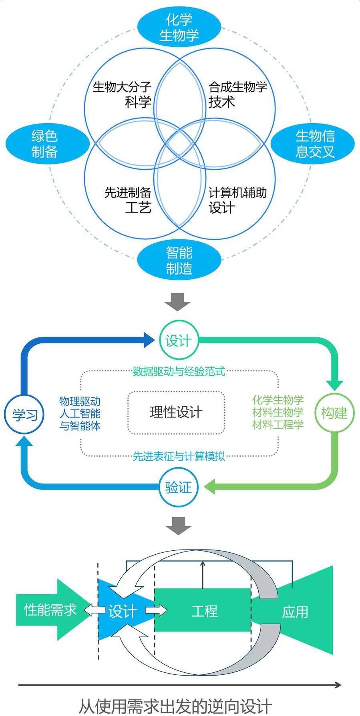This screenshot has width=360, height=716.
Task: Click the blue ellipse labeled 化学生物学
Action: pos(179,27)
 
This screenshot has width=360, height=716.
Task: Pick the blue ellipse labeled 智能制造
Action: pos(179,260)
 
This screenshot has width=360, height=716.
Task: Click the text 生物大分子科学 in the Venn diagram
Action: pos(123,94)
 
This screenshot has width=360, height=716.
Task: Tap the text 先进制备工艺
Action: pos(128,200)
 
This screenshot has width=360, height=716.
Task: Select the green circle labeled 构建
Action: pos(334,413)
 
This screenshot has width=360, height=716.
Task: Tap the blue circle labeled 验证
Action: pos(179,488)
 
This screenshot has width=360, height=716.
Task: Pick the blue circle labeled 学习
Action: pos(25,414)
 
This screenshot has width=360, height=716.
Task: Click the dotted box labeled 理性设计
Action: pos(176,412)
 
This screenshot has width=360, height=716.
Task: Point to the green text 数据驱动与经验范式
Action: pos(179,371)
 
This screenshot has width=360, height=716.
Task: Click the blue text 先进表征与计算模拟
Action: pos(179,456)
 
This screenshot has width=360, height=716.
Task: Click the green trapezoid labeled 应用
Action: pos(296,612)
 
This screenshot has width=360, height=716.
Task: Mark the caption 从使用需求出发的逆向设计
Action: pos(175,707)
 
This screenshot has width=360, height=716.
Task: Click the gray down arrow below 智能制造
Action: pos(178,302)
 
